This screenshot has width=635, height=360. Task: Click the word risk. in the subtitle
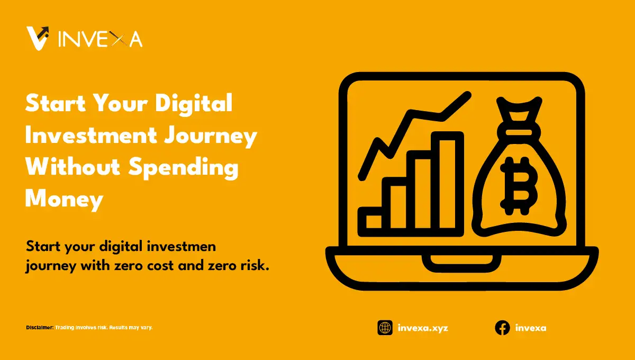click(253, 266)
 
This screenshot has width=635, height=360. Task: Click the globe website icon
click(385, 328)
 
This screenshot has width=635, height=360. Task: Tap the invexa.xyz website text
click(422, 328)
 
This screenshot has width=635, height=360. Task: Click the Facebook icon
click(502, 328)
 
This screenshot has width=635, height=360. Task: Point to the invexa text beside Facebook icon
click(530, 328)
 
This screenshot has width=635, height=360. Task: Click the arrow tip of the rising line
click(467, 95)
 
